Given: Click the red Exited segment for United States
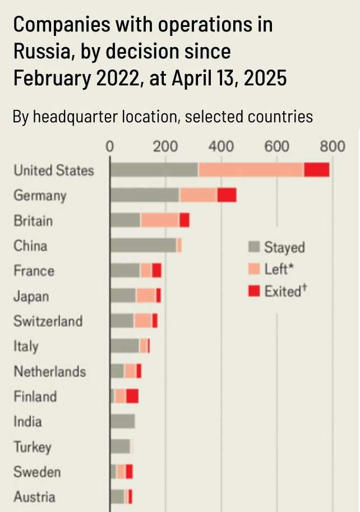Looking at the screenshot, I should pos(317,170).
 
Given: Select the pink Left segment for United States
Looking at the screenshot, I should pos(251,170).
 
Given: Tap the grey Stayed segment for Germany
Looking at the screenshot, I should pos(144,195).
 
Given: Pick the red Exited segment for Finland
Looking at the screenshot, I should pos(132,396).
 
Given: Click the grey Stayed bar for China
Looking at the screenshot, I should pos(143,245).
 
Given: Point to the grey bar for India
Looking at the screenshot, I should pos(122,421).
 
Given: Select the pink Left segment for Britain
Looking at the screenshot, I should pos(159,220).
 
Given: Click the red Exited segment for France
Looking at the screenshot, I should pos(156,270).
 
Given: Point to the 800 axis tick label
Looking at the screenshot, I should pos(333,147).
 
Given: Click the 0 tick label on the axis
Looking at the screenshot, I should pos(110,147).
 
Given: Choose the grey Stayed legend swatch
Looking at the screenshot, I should pos(254,247).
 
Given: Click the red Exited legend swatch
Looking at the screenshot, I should pos(254,291).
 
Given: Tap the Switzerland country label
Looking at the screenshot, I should pos(48,321).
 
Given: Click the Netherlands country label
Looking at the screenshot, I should pos(49,371).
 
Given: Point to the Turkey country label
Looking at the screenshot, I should pos(32,447).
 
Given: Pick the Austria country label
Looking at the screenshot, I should pos(34,497).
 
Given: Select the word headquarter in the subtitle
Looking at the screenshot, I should pos(106,117).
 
